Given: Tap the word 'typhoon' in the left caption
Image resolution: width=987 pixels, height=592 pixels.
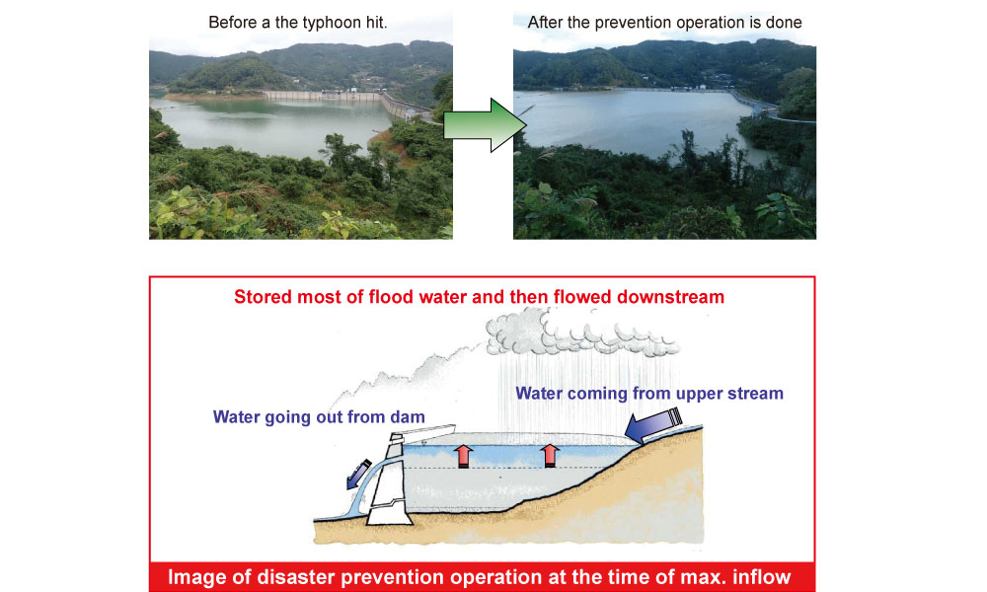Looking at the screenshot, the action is coord(329,23).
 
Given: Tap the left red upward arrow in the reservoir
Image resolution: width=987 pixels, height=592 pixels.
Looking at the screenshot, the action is coord(464,456).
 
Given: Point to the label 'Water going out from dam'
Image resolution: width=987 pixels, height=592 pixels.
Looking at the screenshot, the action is coord(319,417).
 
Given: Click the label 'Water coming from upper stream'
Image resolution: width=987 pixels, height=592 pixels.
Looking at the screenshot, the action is coord(649,394).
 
